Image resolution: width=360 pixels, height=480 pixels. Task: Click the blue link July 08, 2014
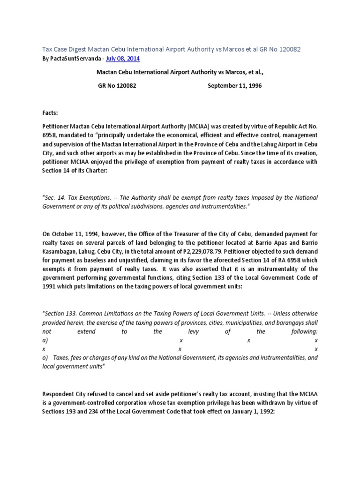point(123,59)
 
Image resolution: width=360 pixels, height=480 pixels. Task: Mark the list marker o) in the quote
point(45,358)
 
